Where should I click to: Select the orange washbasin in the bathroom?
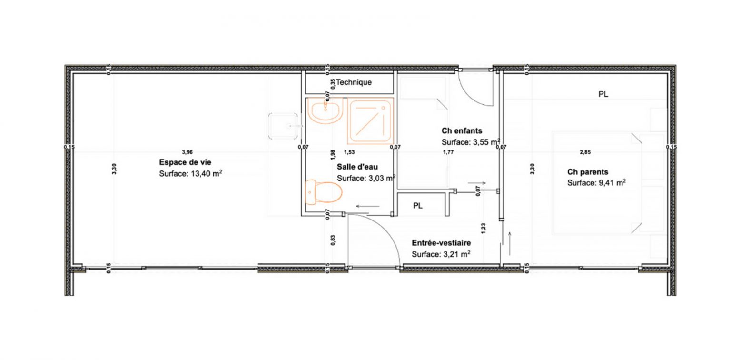tap(325, 110)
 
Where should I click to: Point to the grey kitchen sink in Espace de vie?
tap(284, 126)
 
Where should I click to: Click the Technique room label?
tap(354, 82)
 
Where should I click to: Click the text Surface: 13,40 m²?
tap(191, 174)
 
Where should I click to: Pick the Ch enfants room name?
tap(462, 130)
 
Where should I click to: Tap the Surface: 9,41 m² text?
tap(596, 182)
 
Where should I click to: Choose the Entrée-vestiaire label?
tap(441, 243)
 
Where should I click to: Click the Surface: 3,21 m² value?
tap(441, 254)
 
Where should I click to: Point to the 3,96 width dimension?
tap(187, 152)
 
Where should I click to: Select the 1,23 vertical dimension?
tap(483, 228)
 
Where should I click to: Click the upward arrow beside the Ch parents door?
tap(510, 243)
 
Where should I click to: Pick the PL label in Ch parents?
tap(603, 94)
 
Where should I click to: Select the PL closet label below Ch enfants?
tap(417, 206)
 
